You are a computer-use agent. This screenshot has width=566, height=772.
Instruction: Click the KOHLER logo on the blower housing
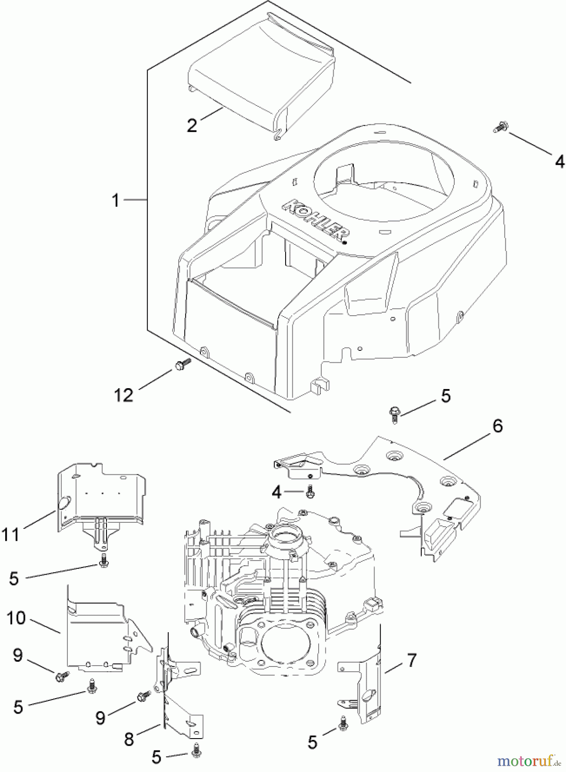316,221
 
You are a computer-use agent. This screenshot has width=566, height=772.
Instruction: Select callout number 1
115,200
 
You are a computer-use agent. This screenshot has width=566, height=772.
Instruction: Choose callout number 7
411,660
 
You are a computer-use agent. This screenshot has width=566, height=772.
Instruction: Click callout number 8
129,739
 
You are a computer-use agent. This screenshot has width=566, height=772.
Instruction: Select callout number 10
16,618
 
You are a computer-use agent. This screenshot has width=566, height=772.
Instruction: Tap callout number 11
11,535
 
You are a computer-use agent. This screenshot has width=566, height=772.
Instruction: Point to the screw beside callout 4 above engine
310,492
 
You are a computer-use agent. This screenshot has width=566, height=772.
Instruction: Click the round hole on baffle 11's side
64,503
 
